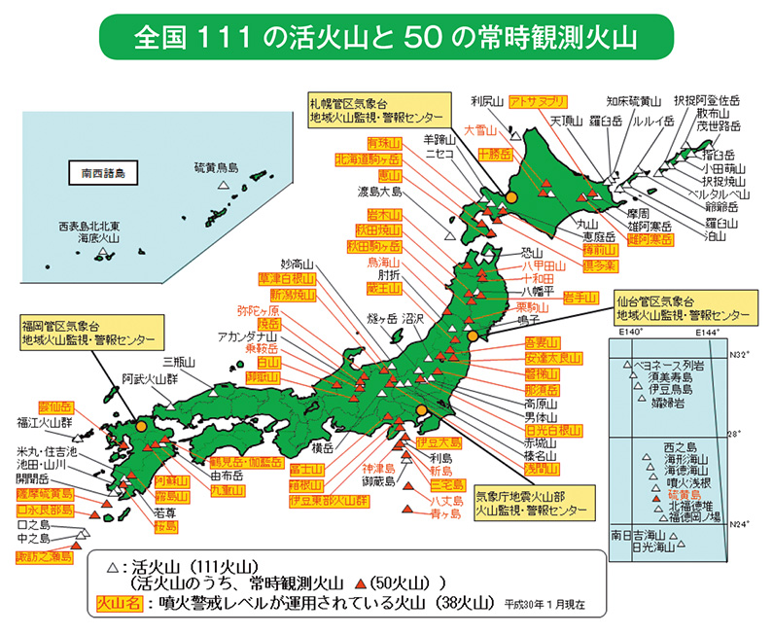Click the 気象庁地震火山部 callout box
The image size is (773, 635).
click(x=531, y=499)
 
